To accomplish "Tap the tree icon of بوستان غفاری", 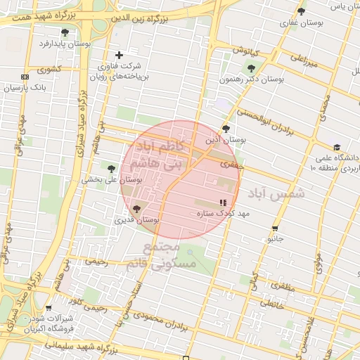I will coord(302,11).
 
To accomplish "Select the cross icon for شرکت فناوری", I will coord(119,55).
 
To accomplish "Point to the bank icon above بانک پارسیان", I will coord(25,77).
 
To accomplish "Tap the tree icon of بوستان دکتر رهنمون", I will coord(251,68).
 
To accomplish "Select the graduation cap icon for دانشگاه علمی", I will coord(337,148).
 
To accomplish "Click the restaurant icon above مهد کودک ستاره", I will coord(223,202).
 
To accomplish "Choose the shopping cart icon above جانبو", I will coord(275,228).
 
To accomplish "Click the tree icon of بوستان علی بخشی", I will coord(111,168).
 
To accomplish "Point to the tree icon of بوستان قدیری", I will coord(136,208).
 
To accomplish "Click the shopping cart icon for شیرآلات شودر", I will coord(49,307).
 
